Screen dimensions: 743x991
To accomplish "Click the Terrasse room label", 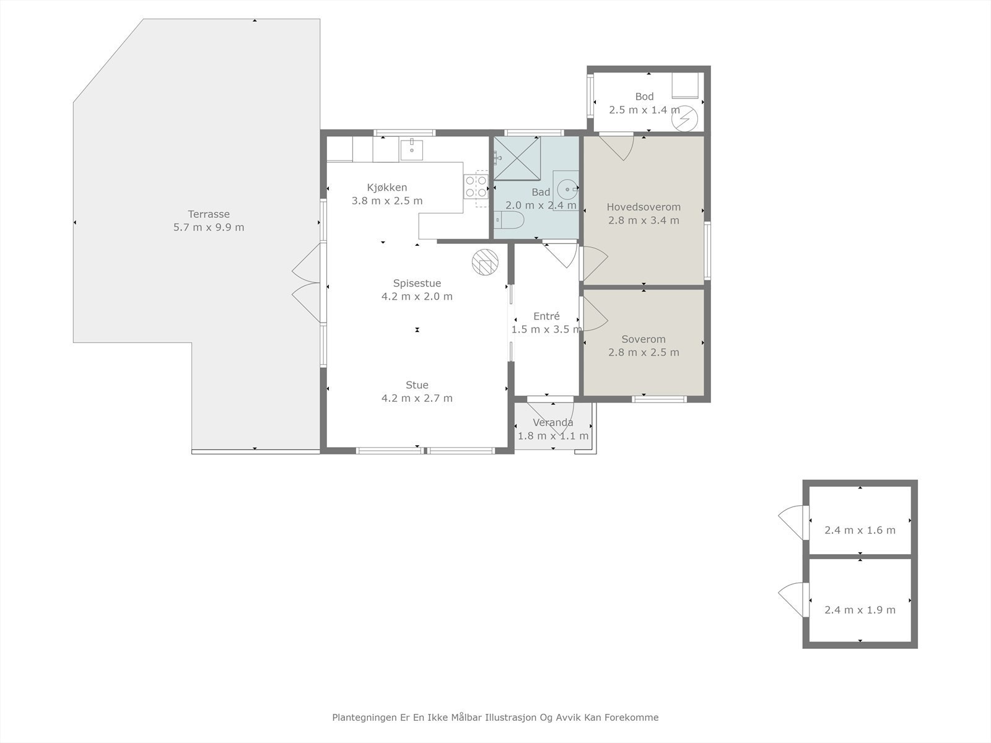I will pos(209,214).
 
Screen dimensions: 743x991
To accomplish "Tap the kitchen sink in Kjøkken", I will pos(411,149).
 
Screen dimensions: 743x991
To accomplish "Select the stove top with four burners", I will pos(476,186).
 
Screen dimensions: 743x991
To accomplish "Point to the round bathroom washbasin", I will pos(566,188).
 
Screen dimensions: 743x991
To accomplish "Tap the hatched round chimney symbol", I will pos(484,262).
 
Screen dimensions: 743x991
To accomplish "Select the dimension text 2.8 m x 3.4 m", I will pos(644,220).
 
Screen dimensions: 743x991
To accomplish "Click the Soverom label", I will pos(644,339).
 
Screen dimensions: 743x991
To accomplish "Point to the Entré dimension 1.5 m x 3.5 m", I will pos(546,329).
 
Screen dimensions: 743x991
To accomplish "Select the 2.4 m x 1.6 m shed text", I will pos(860,530).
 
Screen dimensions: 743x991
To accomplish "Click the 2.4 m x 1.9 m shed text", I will pos(860,610).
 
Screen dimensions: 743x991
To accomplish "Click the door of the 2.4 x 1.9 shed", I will pos(793,599).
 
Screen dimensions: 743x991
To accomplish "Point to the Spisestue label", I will pos(417,284).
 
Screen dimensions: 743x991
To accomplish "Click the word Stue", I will pos(417,385).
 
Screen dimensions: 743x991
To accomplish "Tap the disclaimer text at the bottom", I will pos(495,718).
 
